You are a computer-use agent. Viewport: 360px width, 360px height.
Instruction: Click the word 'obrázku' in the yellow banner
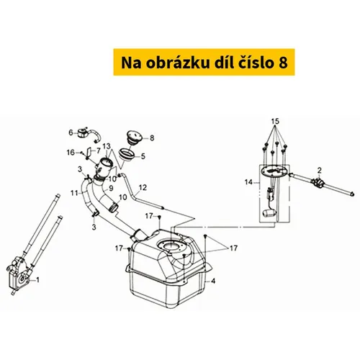(177, 63)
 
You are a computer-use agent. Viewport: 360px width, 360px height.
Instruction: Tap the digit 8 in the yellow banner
(283, 63)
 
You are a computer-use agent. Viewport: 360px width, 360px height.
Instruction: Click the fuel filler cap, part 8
(134, 138)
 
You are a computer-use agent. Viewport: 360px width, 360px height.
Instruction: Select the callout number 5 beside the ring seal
(143, 156)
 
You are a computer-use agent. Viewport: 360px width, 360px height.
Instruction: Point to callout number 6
(71, 132)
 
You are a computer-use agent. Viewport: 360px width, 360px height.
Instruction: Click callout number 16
(71, 153)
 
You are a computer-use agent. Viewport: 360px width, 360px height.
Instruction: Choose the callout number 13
(107, 146)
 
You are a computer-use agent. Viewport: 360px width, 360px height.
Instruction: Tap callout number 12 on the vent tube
(143, 187)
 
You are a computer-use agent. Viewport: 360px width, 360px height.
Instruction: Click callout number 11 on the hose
(74, 192)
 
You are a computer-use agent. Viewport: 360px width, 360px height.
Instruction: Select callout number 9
(111, 189)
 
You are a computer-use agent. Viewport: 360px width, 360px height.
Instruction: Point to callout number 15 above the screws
(275, 122)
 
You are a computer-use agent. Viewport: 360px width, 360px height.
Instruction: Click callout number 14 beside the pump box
(249, 182)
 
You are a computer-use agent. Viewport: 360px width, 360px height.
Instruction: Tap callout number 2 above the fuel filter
(319, 171)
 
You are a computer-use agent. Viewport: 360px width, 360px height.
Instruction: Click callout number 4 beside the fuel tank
(213, 281)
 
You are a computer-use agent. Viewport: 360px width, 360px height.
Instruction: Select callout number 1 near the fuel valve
(37, 279)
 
